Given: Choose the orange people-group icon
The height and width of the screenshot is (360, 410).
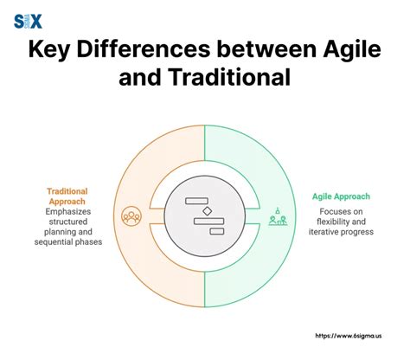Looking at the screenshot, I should tap(131, 215).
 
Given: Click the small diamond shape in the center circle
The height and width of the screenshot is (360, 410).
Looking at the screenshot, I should tap(206, 210).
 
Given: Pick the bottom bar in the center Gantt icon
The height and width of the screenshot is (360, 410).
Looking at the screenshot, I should tap(216, 231).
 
